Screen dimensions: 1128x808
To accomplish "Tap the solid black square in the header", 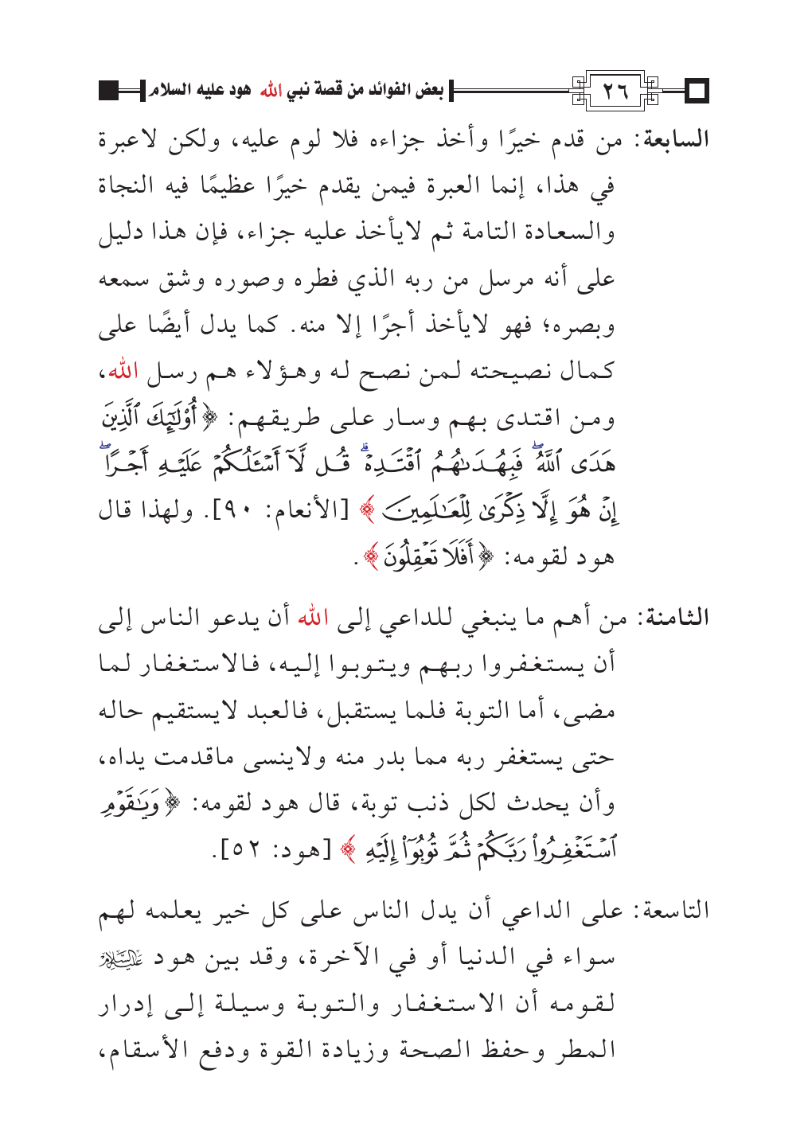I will tap(109, 91).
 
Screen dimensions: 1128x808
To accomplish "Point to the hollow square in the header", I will tap(698, 92).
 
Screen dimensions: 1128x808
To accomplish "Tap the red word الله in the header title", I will tap(272, 91).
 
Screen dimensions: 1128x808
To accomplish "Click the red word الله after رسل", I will tap(123, 372).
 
